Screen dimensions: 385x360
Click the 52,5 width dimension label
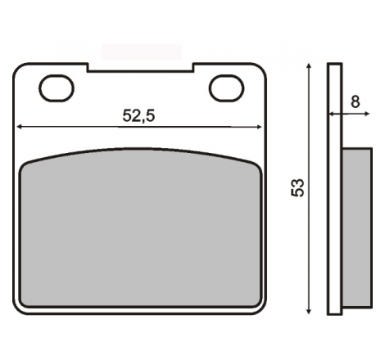pos(138,115)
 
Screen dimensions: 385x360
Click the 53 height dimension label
pos(297,187)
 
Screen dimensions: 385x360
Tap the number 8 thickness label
pos(355,101)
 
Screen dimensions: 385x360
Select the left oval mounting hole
pos(57,88)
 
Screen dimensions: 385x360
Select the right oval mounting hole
pos(227,88)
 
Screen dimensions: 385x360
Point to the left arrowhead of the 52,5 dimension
pos(19,127)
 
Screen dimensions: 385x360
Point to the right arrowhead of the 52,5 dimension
pos(259,127)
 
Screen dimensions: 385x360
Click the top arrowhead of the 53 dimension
pos(309,66)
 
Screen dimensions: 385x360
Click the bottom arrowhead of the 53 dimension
pos(309,311)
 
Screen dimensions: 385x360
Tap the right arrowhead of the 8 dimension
pos(367,114)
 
